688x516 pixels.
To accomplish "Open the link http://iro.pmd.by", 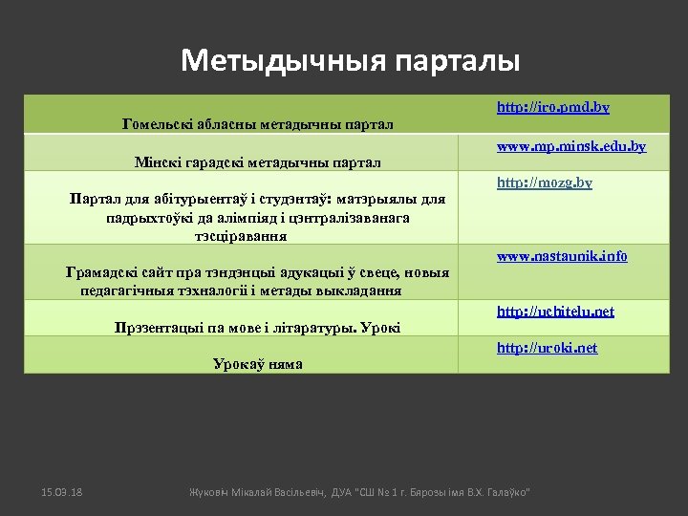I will click(x=552, y=108).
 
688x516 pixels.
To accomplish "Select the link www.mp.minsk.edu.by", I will click(x=571, y=147).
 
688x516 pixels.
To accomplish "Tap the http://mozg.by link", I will click(x=544, y=183).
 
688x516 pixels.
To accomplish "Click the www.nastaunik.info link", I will click(x=562, y=256).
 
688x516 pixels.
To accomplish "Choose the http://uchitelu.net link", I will click(x=555, y=312).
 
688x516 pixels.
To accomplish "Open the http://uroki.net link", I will click(x=547, y=348).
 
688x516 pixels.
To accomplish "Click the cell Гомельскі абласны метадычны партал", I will click(x=259, y=123).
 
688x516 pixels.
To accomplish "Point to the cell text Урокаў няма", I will click(x=258, y=363).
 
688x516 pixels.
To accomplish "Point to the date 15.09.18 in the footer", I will click(x=62, y=491).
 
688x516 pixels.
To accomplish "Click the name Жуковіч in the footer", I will click(x=208, y=491).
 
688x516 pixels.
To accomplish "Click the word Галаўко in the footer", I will click(x=506, y=491).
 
